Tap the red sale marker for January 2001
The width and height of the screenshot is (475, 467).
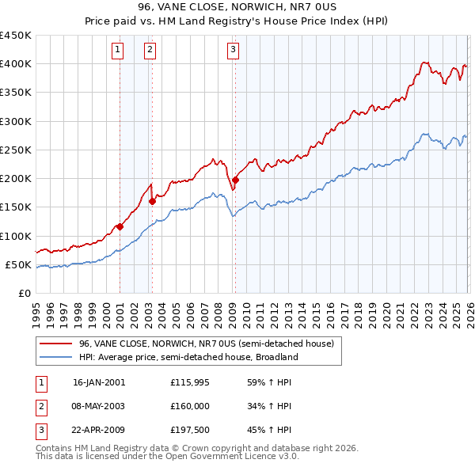120,226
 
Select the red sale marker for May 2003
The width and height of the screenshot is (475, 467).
152,201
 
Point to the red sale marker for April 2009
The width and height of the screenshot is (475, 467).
235,180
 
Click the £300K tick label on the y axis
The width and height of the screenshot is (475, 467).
16,121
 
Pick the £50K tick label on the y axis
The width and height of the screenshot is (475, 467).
19,264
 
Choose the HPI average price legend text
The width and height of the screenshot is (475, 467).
188,357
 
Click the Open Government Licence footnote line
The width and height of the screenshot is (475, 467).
167,457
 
